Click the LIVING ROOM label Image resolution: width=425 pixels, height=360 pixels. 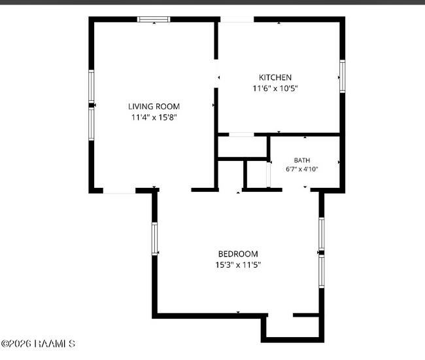(154, 106)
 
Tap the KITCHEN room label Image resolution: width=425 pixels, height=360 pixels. (275, 78)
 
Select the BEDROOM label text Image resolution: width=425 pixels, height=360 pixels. (238, 254)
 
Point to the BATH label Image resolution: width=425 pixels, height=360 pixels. (302, 160)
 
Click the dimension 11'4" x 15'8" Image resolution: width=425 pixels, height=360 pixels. (154, 117)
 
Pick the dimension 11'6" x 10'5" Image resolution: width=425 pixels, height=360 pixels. (275, 88)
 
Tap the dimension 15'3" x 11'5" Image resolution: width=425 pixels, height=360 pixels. (238, 265)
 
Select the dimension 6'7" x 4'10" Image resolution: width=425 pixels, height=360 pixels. (301, 170)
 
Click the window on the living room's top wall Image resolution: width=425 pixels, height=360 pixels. (154, 19)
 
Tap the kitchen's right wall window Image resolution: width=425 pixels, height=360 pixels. (343, 76)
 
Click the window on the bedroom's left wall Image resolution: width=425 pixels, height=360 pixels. (154, 239)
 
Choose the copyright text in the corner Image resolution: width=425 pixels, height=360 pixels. (38, 344)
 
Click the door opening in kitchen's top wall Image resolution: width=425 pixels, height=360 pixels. (237, 19)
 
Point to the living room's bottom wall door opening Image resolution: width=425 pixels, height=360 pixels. (119, 190)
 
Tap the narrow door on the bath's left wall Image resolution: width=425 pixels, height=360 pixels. (269, 174)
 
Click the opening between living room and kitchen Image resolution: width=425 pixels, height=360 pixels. (216, 73)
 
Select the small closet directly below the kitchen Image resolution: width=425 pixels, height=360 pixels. (243, 147)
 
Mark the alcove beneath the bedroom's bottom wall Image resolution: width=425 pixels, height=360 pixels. (292, 327)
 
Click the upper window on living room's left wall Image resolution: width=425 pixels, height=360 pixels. (92, 86)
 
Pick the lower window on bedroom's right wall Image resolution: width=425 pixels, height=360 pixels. (322, 271)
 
